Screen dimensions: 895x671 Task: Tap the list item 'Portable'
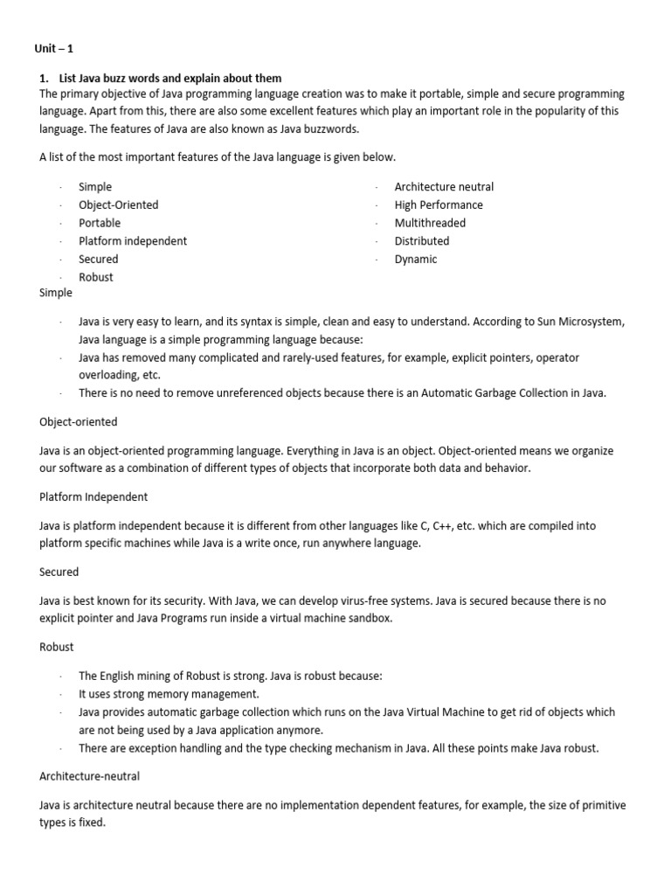pyautogui.click(x=100, y=223)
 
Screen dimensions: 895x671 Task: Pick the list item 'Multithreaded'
pyautogui.click(x=430, y=223)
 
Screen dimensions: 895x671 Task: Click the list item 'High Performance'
pyautogui.click(x=439, y=205)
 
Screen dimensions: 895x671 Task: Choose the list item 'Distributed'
pyautogui.click(x=422, y=241)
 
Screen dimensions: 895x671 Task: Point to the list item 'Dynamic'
pyautogui.click(x=416, y=260)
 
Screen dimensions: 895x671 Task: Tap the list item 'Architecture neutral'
pyautogui.click(x=444, y=187)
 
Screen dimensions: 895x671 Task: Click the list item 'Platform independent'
pyautogui.click(x=133, y=241)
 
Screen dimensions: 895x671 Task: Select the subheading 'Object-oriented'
pyautogui.click(x=79, y=422)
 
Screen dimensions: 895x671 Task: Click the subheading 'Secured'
pyautogui.click(x=59, y=572)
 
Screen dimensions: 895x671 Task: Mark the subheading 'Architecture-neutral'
pyautogui.click(x=90, y=775)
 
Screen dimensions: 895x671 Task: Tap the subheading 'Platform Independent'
pyautogui.click(x=93, y=496)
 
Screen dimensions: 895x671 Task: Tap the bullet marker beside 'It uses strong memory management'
pyautogui.click(x=61, y=694)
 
